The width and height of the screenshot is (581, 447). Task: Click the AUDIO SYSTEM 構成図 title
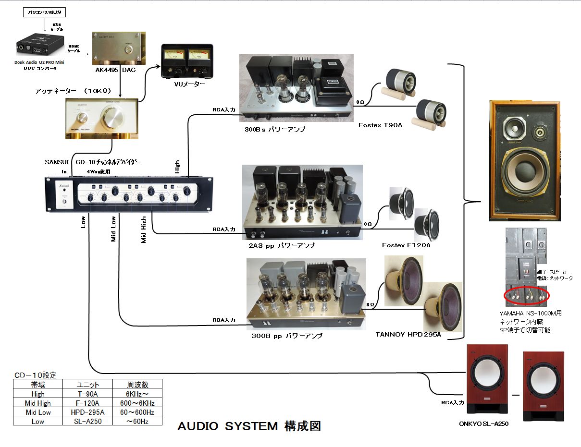[249, 426]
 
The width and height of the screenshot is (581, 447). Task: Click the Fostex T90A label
[380, 125]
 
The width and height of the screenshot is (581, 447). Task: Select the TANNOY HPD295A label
[408, 335]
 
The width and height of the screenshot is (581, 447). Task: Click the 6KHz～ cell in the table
[137, 394]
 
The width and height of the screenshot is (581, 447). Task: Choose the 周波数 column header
[137, 385]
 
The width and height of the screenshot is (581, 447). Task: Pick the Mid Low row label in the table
[38, 412]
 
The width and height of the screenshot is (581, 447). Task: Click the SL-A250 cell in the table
[88, 422]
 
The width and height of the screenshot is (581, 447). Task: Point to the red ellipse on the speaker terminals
[527, 296]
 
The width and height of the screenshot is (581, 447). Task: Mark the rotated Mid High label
[144, 230]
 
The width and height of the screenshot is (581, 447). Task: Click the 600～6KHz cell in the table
[137, 403]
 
